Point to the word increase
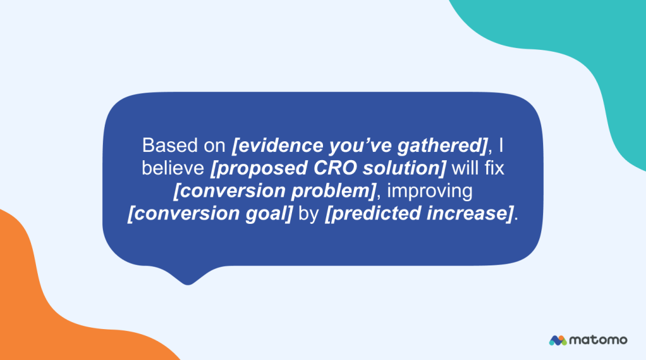[x=468, y=214]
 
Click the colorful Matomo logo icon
[x=557, y=340]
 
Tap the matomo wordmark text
[x=598, y=340]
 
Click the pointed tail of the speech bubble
[x=187, y=277]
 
